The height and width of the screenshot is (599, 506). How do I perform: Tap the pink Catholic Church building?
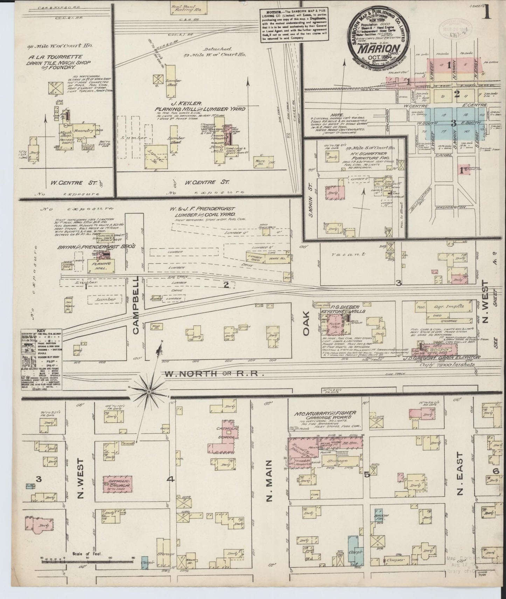coord(117,484)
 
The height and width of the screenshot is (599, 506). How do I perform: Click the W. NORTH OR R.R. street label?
coord(214,374)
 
